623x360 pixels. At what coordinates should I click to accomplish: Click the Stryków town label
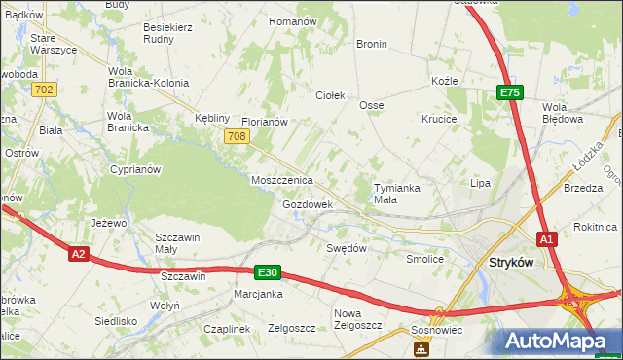coord(515,262)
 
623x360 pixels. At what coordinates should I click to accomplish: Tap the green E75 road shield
coord(510,92)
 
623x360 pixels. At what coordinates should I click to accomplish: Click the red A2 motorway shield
coord(80,255)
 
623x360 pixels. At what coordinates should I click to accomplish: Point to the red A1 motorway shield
coord(547,238)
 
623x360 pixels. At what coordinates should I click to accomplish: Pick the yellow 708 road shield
coord(235,137)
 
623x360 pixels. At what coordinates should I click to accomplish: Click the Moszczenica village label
coord(281,181)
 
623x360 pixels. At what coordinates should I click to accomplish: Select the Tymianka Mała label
coord(398,193)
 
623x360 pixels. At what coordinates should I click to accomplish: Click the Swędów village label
coord(346,248)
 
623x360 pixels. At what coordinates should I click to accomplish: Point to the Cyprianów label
coord(135,168)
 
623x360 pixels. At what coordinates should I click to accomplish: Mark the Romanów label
coord(293,20)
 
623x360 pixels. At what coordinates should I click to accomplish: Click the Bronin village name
coord(372,44)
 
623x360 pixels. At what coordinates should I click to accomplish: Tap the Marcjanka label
coord(258,294)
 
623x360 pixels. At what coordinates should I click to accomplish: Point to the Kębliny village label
coord(211,114)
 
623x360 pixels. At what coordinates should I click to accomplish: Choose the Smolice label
coord(425,260)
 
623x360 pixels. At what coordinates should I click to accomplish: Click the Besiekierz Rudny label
coord(167,33)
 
